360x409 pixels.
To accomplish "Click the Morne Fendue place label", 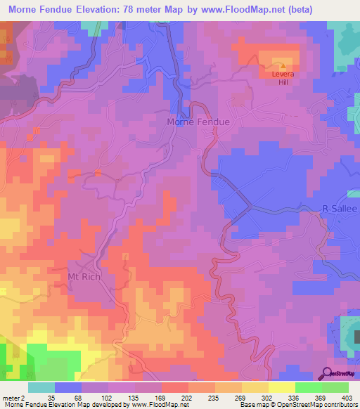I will (199, 122).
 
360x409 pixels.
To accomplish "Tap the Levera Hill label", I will (283, 82).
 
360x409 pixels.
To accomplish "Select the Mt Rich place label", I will (84, 277).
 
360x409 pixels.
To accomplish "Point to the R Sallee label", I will (339, 209).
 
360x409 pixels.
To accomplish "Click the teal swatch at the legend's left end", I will (41, 387).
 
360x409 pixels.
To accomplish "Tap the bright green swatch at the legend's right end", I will (335, 387).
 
